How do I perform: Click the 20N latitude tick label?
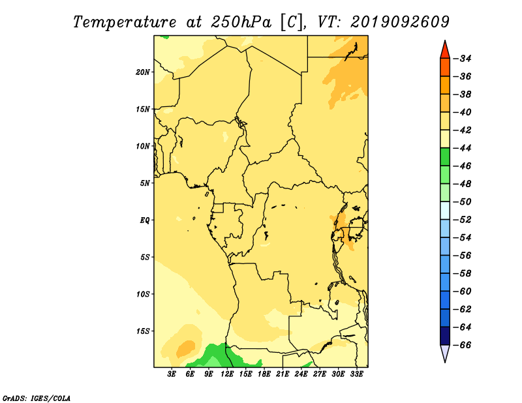point(143,72)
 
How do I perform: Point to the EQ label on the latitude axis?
point(144,220)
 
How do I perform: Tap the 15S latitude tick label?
point(143,331)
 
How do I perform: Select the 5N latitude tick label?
point(144,183)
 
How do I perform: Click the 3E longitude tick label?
point(172,374)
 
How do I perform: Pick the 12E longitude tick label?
point(227,374)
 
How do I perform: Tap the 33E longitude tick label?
point(356,374)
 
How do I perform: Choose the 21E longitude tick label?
point(283,374)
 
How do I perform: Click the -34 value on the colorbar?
point(463,59)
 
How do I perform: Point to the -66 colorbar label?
point(463,345)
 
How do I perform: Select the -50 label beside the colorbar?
point(463,201)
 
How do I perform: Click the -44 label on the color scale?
point(463,148)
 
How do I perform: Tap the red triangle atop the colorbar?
point(445,51)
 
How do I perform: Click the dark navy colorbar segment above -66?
point(445,336)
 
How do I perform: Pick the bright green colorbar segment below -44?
point(445,157)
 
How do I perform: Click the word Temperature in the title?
point(124,22)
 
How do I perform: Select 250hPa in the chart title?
point(241,22)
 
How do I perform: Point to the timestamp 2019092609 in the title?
point(400,22)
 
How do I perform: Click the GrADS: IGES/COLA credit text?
point(37,398)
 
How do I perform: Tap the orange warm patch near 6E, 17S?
point(185,349)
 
